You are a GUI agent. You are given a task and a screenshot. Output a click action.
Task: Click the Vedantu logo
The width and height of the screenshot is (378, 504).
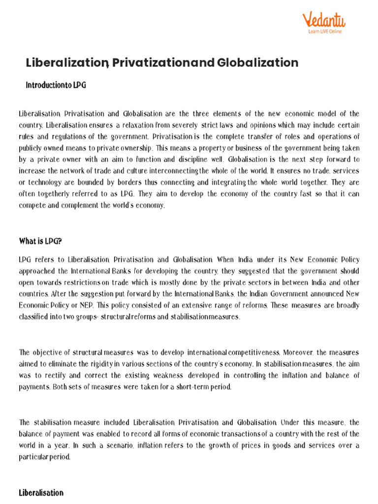click(323, 20)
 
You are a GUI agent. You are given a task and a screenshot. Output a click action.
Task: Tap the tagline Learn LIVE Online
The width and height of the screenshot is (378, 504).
click(325, 31)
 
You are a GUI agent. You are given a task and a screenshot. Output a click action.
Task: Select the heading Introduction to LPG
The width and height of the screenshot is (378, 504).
click(56, 85)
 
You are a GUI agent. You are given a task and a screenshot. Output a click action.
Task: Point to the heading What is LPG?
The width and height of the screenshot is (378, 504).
click(40, 241)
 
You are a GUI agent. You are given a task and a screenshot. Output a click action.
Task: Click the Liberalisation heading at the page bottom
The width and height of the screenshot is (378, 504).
click(41, 492)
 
